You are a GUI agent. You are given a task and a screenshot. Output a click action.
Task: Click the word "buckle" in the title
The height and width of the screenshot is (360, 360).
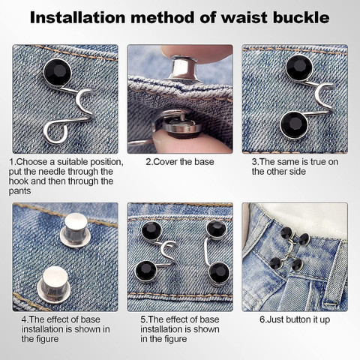pos(301,17)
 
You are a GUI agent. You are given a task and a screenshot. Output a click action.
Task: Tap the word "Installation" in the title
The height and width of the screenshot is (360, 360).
pos(77,17)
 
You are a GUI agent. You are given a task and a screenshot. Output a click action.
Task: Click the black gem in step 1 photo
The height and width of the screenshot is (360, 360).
pos(58,73)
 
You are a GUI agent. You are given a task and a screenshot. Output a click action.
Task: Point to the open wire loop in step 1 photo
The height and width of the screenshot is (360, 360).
pos(55,133)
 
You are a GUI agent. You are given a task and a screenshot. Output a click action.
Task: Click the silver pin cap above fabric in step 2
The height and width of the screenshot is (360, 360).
pos(183,69)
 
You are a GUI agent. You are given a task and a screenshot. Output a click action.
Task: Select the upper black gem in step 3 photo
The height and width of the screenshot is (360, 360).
pos(299,67)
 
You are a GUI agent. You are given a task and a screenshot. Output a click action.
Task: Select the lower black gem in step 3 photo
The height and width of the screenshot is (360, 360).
pos(294,125)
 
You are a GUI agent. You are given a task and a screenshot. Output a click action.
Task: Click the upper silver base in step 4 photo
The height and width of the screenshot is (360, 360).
pos(76,230)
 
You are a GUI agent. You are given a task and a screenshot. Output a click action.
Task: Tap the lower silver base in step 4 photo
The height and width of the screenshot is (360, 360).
pos(53,283)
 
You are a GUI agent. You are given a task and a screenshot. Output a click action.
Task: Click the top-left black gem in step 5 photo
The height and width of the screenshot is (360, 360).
pos(151,231)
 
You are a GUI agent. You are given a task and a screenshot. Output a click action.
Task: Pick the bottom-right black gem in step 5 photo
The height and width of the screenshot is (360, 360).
pos(219,273)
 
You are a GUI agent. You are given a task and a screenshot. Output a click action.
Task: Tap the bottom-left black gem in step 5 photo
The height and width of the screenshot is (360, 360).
pos(146,271)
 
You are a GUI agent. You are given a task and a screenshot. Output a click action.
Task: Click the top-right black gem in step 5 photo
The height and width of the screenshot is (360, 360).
pos(216,229)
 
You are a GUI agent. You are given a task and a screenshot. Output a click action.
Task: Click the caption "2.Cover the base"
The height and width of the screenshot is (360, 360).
pos(180,162)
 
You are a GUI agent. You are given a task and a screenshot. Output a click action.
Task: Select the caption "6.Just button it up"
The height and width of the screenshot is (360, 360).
pos(295,319)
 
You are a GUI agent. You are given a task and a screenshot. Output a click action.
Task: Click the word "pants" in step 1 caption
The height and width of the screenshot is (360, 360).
pos(19,191)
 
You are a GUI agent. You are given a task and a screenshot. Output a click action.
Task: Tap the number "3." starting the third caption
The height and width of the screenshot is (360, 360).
pos(255,162)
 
